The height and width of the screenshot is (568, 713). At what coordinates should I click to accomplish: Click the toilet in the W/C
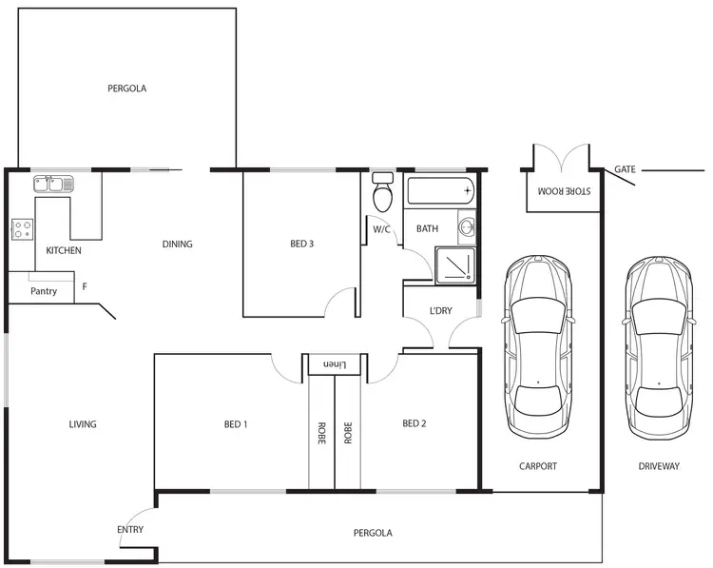coord(383,194)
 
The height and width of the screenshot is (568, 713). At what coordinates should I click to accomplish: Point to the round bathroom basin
coord(466,227)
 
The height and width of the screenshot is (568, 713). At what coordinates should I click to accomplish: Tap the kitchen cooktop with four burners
coord(22,228)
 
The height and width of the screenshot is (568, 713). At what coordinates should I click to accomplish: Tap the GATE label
coord(625,169)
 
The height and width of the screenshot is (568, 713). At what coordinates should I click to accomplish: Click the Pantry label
coord(44,291)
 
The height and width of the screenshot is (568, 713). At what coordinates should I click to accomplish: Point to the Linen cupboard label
coord(333,364)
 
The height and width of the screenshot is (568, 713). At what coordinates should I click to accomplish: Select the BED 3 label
coord(301,245)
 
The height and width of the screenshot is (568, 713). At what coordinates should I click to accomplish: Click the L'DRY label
coord(440,311)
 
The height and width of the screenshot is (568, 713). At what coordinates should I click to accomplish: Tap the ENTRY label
coord(130,530)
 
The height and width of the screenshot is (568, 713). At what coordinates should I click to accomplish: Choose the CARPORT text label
coord(538,466)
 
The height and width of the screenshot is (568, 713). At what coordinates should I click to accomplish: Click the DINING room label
coord(177,245)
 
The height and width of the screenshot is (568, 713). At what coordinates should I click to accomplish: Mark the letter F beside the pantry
coord(85,286)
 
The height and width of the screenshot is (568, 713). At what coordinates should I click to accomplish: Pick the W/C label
coord(381,229)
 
